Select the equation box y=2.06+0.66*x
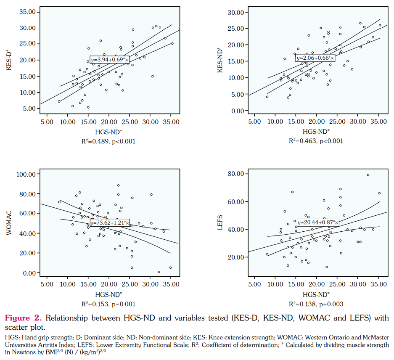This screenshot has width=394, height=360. pos(315,58)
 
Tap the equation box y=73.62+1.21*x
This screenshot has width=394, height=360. pos(110,222)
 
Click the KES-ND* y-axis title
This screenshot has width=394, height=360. pos(219,60)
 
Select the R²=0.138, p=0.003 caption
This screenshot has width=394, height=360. pos(316,304)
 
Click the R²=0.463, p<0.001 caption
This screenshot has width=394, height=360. pos(316,141)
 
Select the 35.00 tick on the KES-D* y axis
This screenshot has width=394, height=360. pos(27,11)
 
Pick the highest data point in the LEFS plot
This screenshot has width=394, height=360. pos(368,175)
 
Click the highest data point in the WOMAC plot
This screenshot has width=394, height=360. pos(119,185)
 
